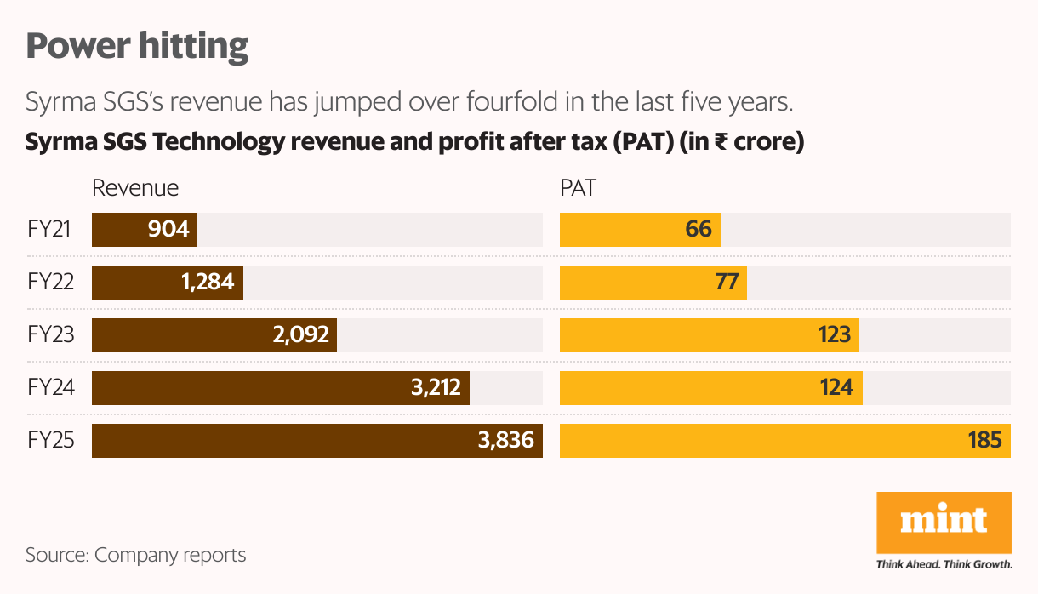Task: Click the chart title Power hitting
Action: tap(137, 46)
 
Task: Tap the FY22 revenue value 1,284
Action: tap(208, 282)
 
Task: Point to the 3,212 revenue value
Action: tap(435, 388)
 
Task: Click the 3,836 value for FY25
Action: tap(506, 441)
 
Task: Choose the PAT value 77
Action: tap(727, 282)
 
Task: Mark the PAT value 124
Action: tap(836, 388)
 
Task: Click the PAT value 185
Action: tap(984, 441)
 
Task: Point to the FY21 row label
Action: tap(50, 230)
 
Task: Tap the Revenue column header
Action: tap(135, 188)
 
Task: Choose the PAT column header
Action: tap(578, 188)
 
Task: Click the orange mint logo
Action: tap(944, 521)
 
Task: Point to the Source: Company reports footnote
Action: tap(136, 556)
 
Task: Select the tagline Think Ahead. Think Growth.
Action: tap(944, 564)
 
